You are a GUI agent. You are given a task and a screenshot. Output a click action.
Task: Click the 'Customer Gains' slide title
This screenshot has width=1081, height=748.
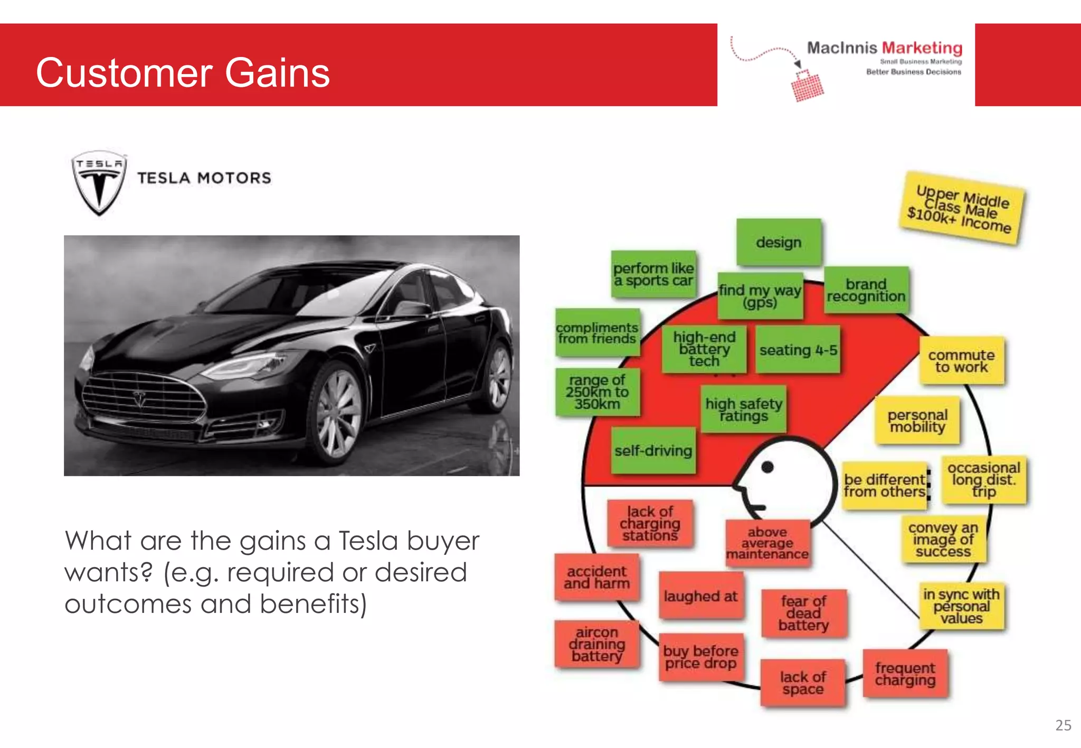183,73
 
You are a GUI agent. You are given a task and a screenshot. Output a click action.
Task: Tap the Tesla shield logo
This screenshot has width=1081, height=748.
99,183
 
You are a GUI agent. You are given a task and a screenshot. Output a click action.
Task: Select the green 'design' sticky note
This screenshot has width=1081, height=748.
779,242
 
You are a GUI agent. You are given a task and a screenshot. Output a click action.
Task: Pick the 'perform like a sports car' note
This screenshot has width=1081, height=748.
653,274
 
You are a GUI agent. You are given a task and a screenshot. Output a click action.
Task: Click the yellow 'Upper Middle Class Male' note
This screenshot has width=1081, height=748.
962,208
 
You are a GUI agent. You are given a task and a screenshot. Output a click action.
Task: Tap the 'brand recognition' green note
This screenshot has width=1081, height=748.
866,290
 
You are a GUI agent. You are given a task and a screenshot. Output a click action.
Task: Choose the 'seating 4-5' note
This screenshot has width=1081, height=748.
798,350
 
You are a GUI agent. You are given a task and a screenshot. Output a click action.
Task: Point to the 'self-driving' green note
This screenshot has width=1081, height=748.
653,450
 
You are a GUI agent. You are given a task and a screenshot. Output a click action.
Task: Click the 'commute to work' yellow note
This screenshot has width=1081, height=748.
961,361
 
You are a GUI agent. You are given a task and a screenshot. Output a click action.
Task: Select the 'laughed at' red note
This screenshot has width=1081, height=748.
701,596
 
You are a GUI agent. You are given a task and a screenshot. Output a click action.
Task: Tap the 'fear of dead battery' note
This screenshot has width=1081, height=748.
804,613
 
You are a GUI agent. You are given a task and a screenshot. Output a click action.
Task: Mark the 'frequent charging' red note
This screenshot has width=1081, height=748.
905,674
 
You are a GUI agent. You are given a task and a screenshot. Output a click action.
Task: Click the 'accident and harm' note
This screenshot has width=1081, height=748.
597,577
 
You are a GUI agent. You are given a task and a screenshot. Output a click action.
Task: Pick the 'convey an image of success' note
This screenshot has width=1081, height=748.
943,539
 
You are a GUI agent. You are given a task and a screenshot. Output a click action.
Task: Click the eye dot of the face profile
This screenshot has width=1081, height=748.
767,467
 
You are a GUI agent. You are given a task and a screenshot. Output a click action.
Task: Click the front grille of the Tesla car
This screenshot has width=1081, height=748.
143,398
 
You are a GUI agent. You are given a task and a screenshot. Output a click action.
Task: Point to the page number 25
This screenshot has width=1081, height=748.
1063,725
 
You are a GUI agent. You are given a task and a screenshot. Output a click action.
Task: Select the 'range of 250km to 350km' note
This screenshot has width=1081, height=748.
597,392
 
